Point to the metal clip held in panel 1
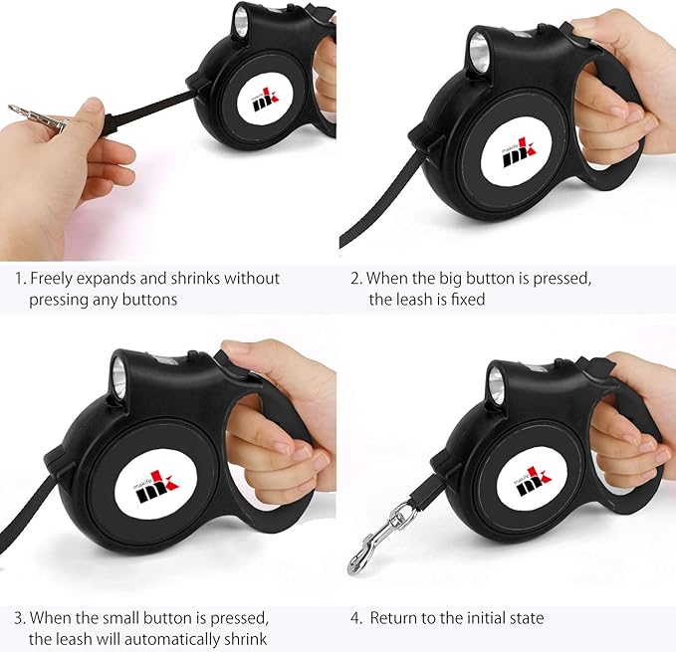[x=39, y=117]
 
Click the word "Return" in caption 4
[x=393, y=618]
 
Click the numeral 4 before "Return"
[x=354, y=619]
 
